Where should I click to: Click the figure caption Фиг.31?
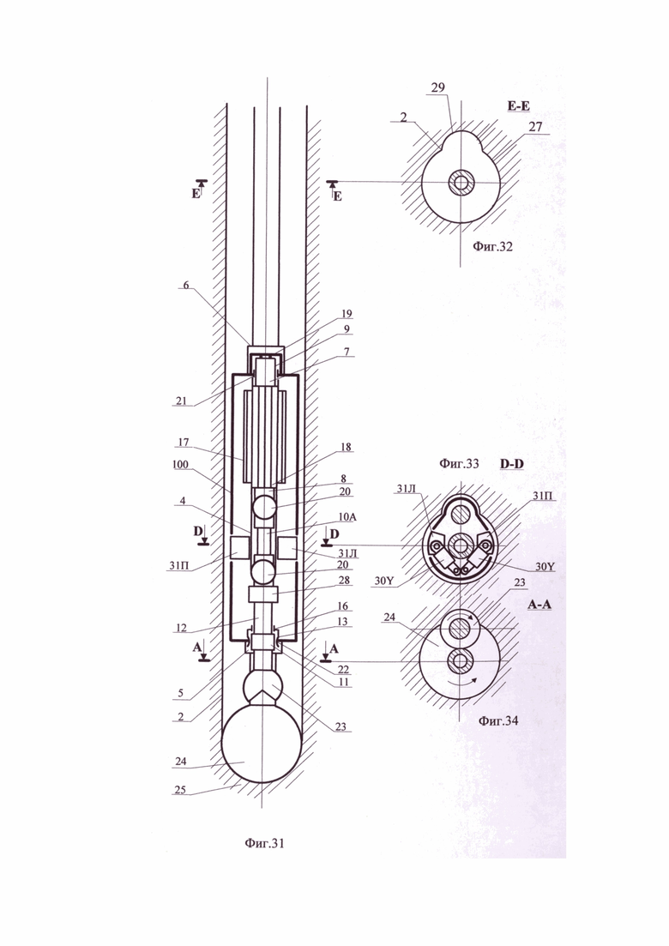pyautogui.click(x=264, y=843)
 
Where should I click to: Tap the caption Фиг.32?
pyautogui.click(x=493, y=246)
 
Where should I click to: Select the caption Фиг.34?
pyautogui.click(x=498, y=720)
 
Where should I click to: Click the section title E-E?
pyautogui.click(x=519, y=107)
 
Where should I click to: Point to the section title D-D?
pyautogui.click(x=512, y=463)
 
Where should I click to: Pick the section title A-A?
pyautogui.click(x=539, y=604)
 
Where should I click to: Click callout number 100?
pyautogui.click(x=180, y=464)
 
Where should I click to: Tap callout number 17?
pyautogui.click(x=183, y=443)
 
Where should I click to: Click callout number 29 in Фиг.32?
pyautogui.click(x=438, y=87)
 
